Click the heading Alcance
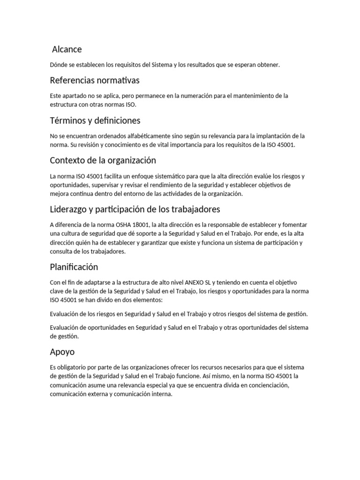(x=67, y=49)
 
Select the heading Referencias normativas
(x=95, y=80)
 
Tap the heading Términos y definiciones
(x=95, y=120)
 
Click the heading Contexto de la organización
(x=103, y=160)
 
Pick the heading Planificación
(x=74, y=267)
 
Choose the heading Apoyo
(x=62, y=352)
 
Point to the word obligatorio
(x=74, y=367)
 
